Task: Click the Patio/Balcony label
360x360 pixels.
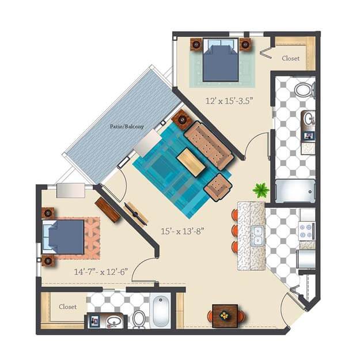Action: click(x=127, y=126)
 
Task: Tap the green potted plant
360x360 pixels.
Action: click(x=261, y=190)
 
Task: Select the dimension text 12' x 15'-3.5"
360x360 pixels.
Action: click(x=229, y=101)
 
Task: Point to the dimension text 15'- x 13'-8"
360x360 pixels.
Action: click(x=182, y=231)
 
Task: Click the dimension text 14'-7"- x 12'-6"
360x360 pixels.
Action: click(x=101, y=272)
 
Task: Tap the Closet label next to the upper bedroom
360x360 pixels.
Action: click(x=291, y=58)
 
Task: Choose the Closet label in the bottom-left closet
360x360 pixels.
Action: click(x=68, y=307)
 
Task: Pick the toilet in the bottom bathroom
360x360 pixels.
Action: click(x=139, y=319)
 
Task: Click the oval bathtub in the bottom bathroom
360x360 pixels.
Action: click(x=161, y=310)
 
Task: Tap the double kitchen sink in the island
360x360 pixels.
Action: click(x=257, y=236)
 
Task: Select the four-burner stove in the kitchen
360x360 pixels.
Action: click(x=307, y=231)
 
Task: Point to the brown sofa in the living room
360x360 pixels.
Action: click(x=209, y=146)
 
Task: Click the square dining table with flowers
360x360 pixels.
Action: click(x=225, y=316)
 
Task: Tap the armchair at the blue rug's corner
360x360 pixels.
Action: click(x=218, y=188)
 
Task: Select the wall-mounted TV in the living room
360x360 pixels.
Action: click(x=136, y=214)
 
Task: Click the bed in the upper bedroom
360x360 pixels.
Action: click(x=221, y=60)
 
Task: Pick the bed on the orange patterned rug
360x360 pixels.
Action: click(x=63, y=237)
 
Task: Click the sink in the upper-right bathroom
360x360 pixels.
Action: click(x=309, y=119)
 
